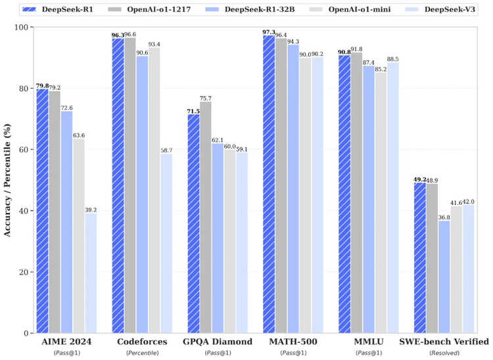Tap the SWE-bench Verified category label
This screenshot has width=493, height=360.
coord(446,342)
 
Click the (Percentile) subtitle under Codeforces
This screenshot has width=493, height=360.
coord(141,353)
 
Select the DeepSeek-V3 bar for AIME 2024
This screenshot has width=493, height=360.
coord(91,273)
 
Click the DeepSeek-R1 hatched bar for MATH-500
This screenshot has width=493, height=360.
coord(268,184)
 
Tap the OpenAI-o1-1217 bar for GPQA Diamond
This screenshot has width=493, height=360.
coord(206,217)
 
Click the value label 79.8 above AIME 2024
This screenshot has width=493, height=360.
coord(42,85)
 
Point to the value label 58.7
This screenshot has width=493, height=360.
coord(166,150)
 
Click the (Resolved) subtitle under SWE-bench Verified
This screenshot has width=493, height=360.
coord(446,353)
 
